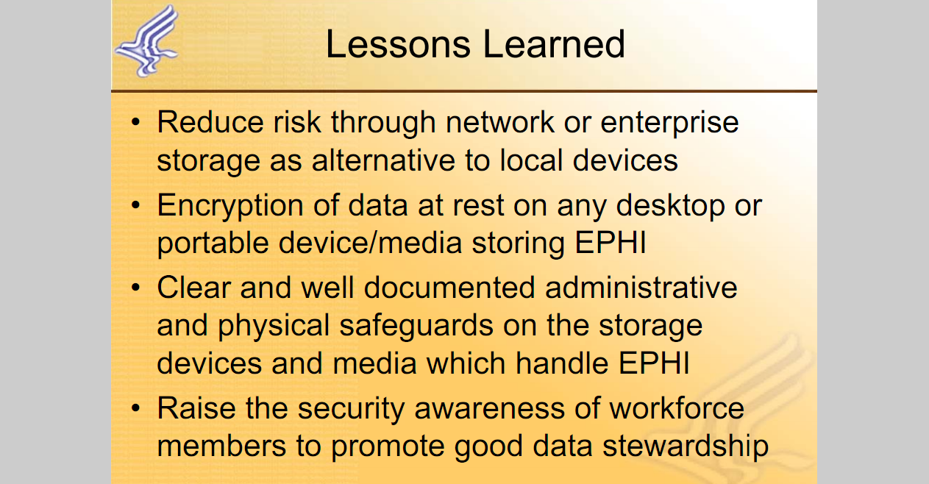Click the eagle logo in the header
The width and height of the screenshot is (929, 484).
(x=147, y=40)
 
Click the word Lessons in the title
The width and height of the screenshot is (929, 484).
(x=398, y=44)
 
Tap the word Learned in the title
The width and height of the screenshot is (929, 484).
(x=554, y=44)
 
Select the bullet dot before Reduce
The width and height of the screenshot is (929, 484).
(x=135, y=122)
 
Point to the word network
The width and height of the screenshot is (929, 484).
(x=499, y=122)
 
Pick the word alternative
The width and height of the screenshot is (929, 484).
(x=383, y=160)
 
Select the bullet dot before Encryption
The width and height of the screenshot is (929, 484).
(x=135, y=205)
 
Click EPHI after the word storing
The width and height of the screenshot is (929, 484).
(x=610, y=242)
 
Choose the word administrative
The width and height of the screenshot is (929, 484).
(x=641, y=288)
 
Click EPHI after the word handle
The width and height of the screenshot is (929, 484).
(x=654, y=363)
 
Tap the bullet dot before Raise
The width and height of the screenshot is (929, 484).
(x=135, y=408)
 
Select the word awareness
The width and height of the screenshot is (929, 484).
(x=489, y=409)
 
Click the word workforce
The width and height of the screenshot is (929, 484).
(x=677, y=408)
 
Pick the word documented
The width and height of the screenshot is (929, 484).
(x=449, y=288)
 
